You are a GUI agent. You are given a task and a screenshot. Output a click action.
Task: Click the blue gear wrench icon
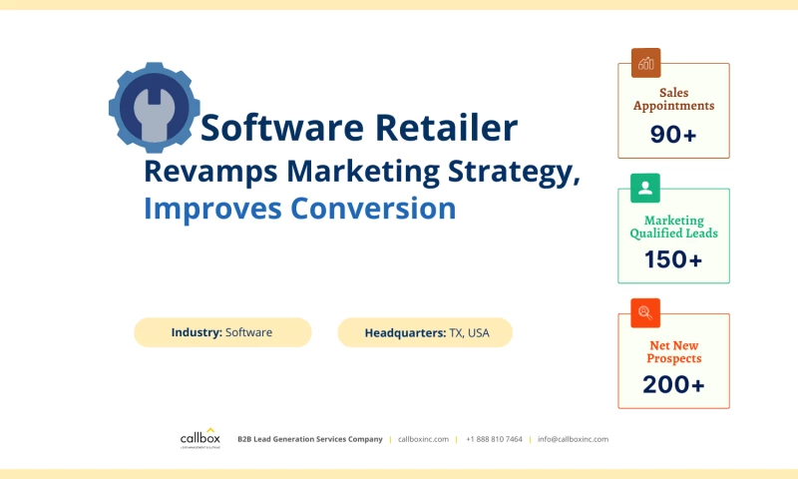[x=154, y=107]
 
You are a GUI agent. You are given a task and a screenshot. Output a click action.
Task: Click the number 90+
[x=673, y=134]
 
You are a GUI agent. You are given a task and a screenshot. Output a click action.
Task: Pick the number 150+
[x=673, y=260]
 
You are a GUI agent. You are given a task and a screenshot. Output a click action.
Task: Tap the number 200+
[x=673, y=384]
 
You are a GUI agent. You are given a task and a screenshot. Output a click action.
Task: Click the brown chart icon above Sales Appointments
[x=645, y=63]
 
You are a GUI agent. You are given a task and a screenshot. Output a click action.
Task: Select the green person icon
[x=645, y=188]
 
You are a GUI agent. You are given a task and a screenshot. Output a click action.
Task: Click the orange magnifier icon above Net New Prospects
[x=645, y=312]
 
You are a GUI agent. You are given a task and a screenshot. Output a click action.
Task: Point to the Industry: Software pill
[x=222, y=332]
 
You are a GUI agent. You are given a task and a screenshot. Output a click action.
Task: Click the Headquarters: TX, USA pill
[x=425, y=332]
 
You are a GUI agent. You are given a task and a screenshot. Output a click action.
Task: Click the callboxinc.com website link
[x=423, y=439]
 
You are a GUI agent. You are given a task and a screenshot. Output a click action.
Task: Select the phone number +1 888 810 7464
[x=494, y=439]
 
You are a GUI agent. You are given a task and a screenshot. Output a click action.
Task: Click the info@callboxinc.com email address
[x=573, y=439]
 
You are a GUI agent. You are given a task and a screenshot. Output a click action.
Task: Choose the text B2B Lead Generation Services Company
[x=309, y=439]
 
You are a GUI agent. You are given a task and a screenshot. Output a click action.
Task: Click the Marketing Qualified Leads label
[x=673, y=227]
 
